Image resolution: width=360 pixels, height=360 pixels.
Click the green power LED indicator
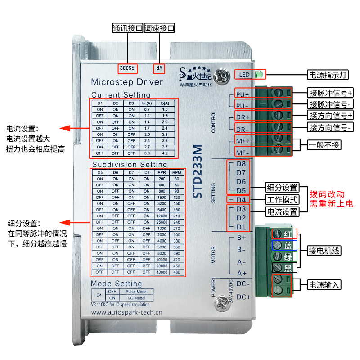[259, 74]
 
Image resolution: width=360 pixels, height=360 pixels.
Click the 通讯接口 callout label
[127, 29]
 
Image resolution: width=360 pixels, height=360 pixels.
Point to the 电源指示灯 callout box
[323, 75]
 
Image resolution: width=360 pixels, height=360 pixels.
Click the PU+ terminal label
[243, 95]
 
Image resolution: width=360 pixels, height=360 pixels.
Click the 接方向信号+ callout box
[330, 115]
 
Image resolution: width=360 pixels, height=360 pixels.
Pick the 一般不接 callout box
[324, 145]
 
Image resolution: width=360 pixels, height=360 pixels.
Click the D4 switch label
[241, 199]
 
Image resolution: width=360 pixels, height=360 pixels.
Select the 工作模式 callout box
[281, 199]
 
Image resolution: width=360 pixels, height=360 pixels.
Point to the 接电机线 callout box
[324, 251]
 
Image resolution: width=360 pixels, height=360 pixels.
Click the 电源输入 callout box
[324, 285]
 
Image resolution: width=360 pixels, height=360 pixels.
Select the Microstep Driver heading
[124, 82]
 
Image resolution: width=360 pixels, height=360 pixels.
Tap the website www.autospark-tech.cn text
[126, 311]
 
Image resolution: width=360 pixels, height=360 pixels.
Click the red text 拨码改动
[327, 194]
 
